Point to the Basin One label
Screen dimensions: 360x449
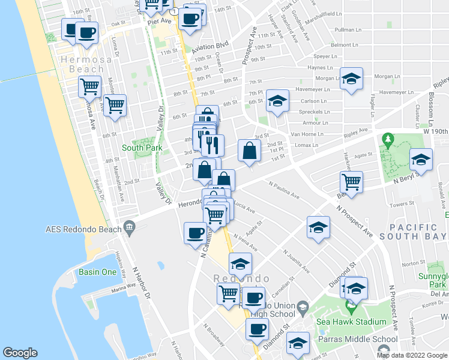(97, 272)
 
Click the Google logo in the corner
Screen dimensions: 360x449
(20, 353)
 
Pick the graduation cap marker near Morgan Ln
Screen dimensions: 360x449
(351, 79)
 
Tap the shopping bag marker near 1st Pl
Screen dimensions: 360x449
(249, 151)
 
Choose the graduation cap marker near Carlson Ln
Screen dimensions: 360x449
(277, 101)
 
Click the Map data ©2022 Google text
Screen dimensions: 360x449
(411, 355)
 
